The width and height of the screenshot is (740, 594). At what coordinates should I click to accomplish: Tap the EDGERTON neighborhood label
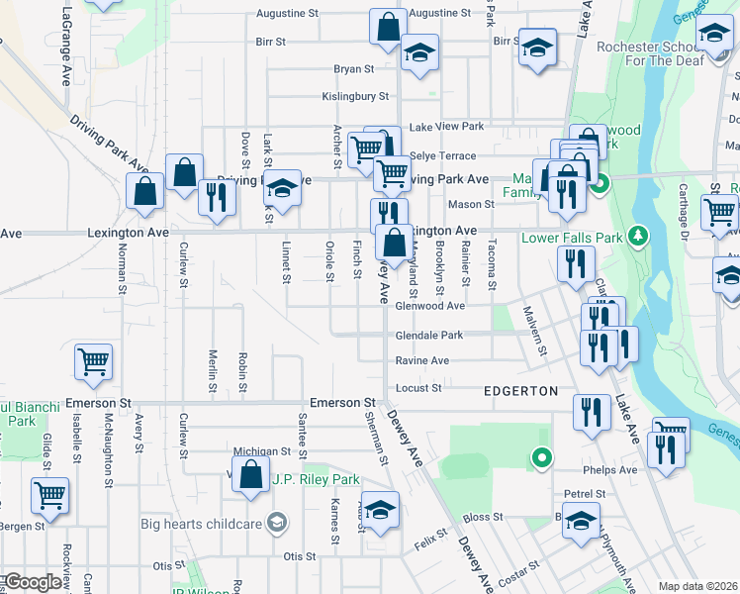point(520,391)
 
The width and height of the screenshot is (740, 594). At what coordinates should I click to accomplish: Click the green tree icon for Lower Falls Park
point(639,236)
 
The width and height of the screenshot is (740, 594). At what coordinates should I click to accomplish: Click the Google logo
point(33,582)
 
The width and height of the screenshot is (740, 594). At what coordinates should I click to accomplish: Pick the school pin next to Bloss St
point(581,518)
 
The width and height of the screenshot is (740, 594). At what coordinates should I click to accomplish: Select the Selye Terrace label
point(442,156)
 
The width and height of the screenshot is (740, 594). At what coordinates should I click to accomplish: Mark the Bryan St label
point(354,69)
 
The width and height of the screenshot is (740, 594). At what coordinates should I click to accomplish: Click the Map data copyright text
point(697,586)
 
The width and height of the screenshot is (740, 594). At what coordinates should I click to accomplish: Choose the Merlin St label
point(212,371)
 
